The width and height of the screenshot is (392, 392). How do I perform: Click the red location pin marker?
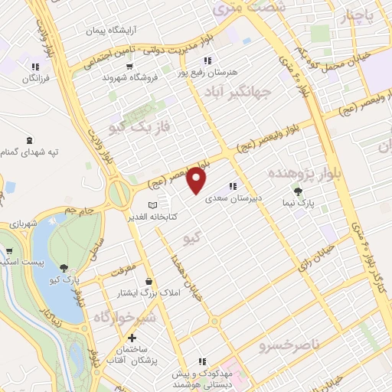pyautogui.click(x=198, y=181)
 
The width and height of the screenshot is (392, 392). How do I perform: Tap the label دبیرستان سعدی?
pyautogui.click(x=234, y=198)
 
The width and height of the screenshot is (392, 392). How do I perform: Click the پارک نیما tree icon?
pyautogui.click(x=298, y=191)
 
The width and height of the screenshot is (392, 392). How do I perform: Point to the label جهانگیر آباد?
pyautogui.click(x=239, y=92)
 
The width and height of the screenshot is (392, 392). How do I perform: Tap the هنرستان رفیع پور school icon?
pyautogui.click(x=206, y=60)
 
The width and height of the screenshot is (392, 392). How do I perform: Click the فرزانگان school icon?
pyautogui.click(x=35, y=66)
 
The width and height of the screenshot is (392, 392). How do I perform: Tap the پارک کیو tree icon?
pyautogui.click(x=64, y=267)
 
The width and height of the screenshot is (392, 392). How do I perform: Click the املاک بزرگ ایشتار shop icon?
pyautogui.click(x=148, y=282)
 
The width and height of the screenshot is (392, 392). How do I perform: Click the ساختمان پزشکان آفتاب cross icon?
pyautogui.click(x=132, y=338)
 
